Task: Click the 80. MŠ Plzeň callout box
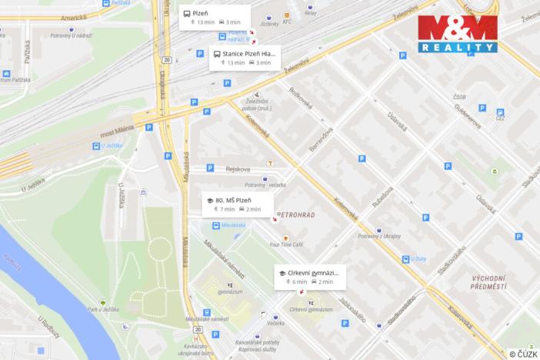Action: click(238, 204)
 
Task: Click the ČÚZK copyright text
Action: click(522, 354)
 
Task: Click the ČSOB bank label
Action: click(459, 97)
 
